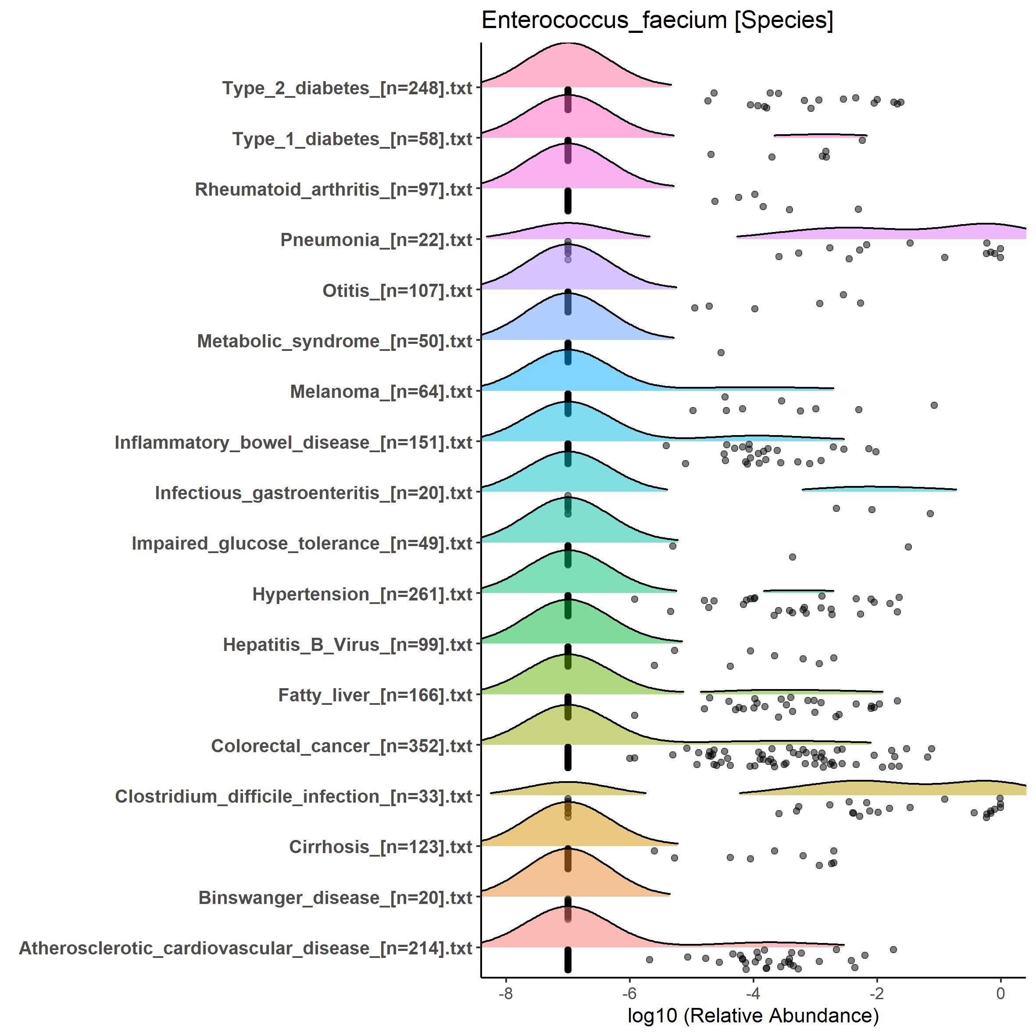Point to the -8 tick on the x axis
point(506,993)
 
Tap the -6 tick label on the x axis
point(629,993)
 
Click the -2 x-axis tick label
point(876,993)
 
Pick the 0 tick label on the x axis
point(1000,993)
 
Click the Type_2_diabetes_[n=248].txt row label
point(347,88)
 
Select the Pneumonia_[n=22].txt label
point(376,239)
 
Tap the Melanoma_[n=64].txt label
point(381,391)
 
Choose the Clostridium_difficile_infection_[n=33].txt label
point(293,797)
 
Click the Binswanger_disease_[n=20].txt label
point(335,898)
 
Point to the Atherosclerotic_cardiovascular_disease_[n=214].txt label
point(246,948)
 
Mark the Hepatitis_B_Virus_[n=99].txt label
point(347,645)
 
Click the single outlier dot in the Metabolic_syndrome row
point(721,352)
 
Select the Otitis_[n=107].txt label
point(397,291)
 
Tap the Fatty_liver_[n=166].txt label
point(375,695)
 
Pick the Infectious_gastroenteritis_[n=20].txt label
point(313,493)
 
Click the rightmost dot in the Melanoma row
point(934,405)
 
